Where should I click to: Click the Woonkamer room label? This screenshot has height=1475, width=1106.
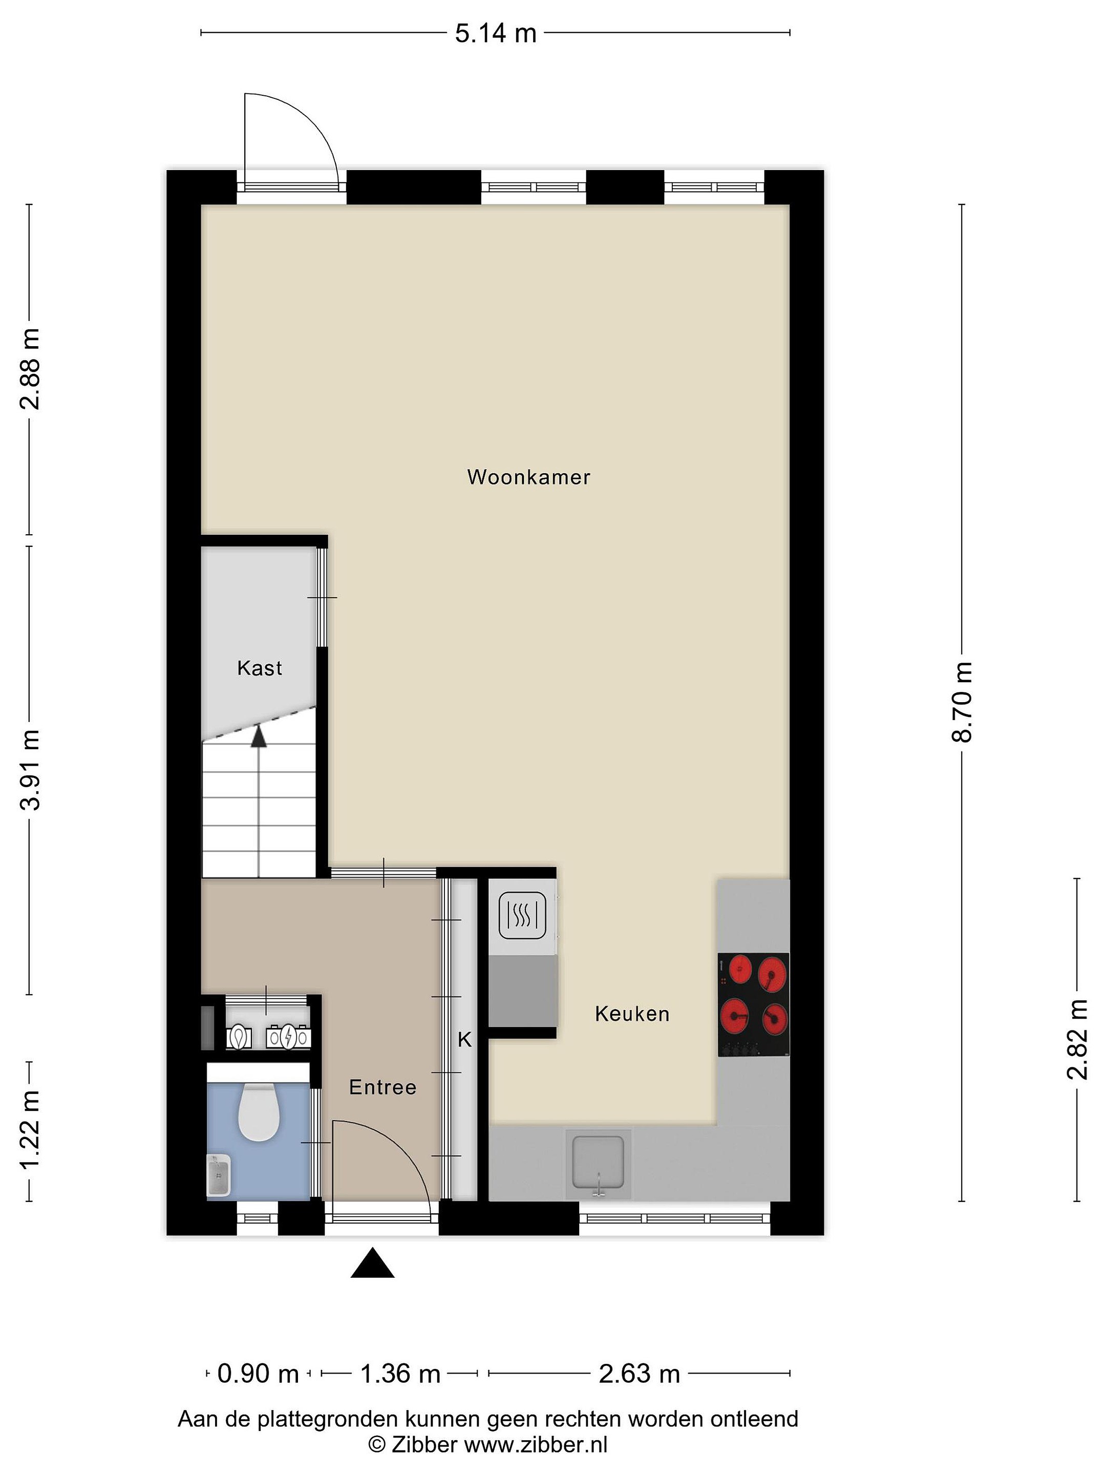528,477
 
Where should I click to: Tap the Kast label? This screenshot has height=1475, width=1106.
259,668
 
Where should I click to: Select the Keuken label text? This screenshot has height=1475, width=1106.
632,1014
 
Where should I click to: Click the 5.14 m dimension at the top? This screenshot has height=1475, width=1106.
495,33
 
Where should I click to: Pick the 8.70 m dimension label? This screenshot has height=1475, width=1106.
963,702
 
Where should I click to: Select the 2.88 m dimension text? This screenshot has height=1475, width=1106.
30,369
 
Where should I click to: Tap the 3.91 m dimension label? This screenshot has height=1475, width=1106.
30,769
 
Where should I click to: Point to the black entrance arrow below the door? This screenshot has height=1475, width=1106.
373,1262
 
